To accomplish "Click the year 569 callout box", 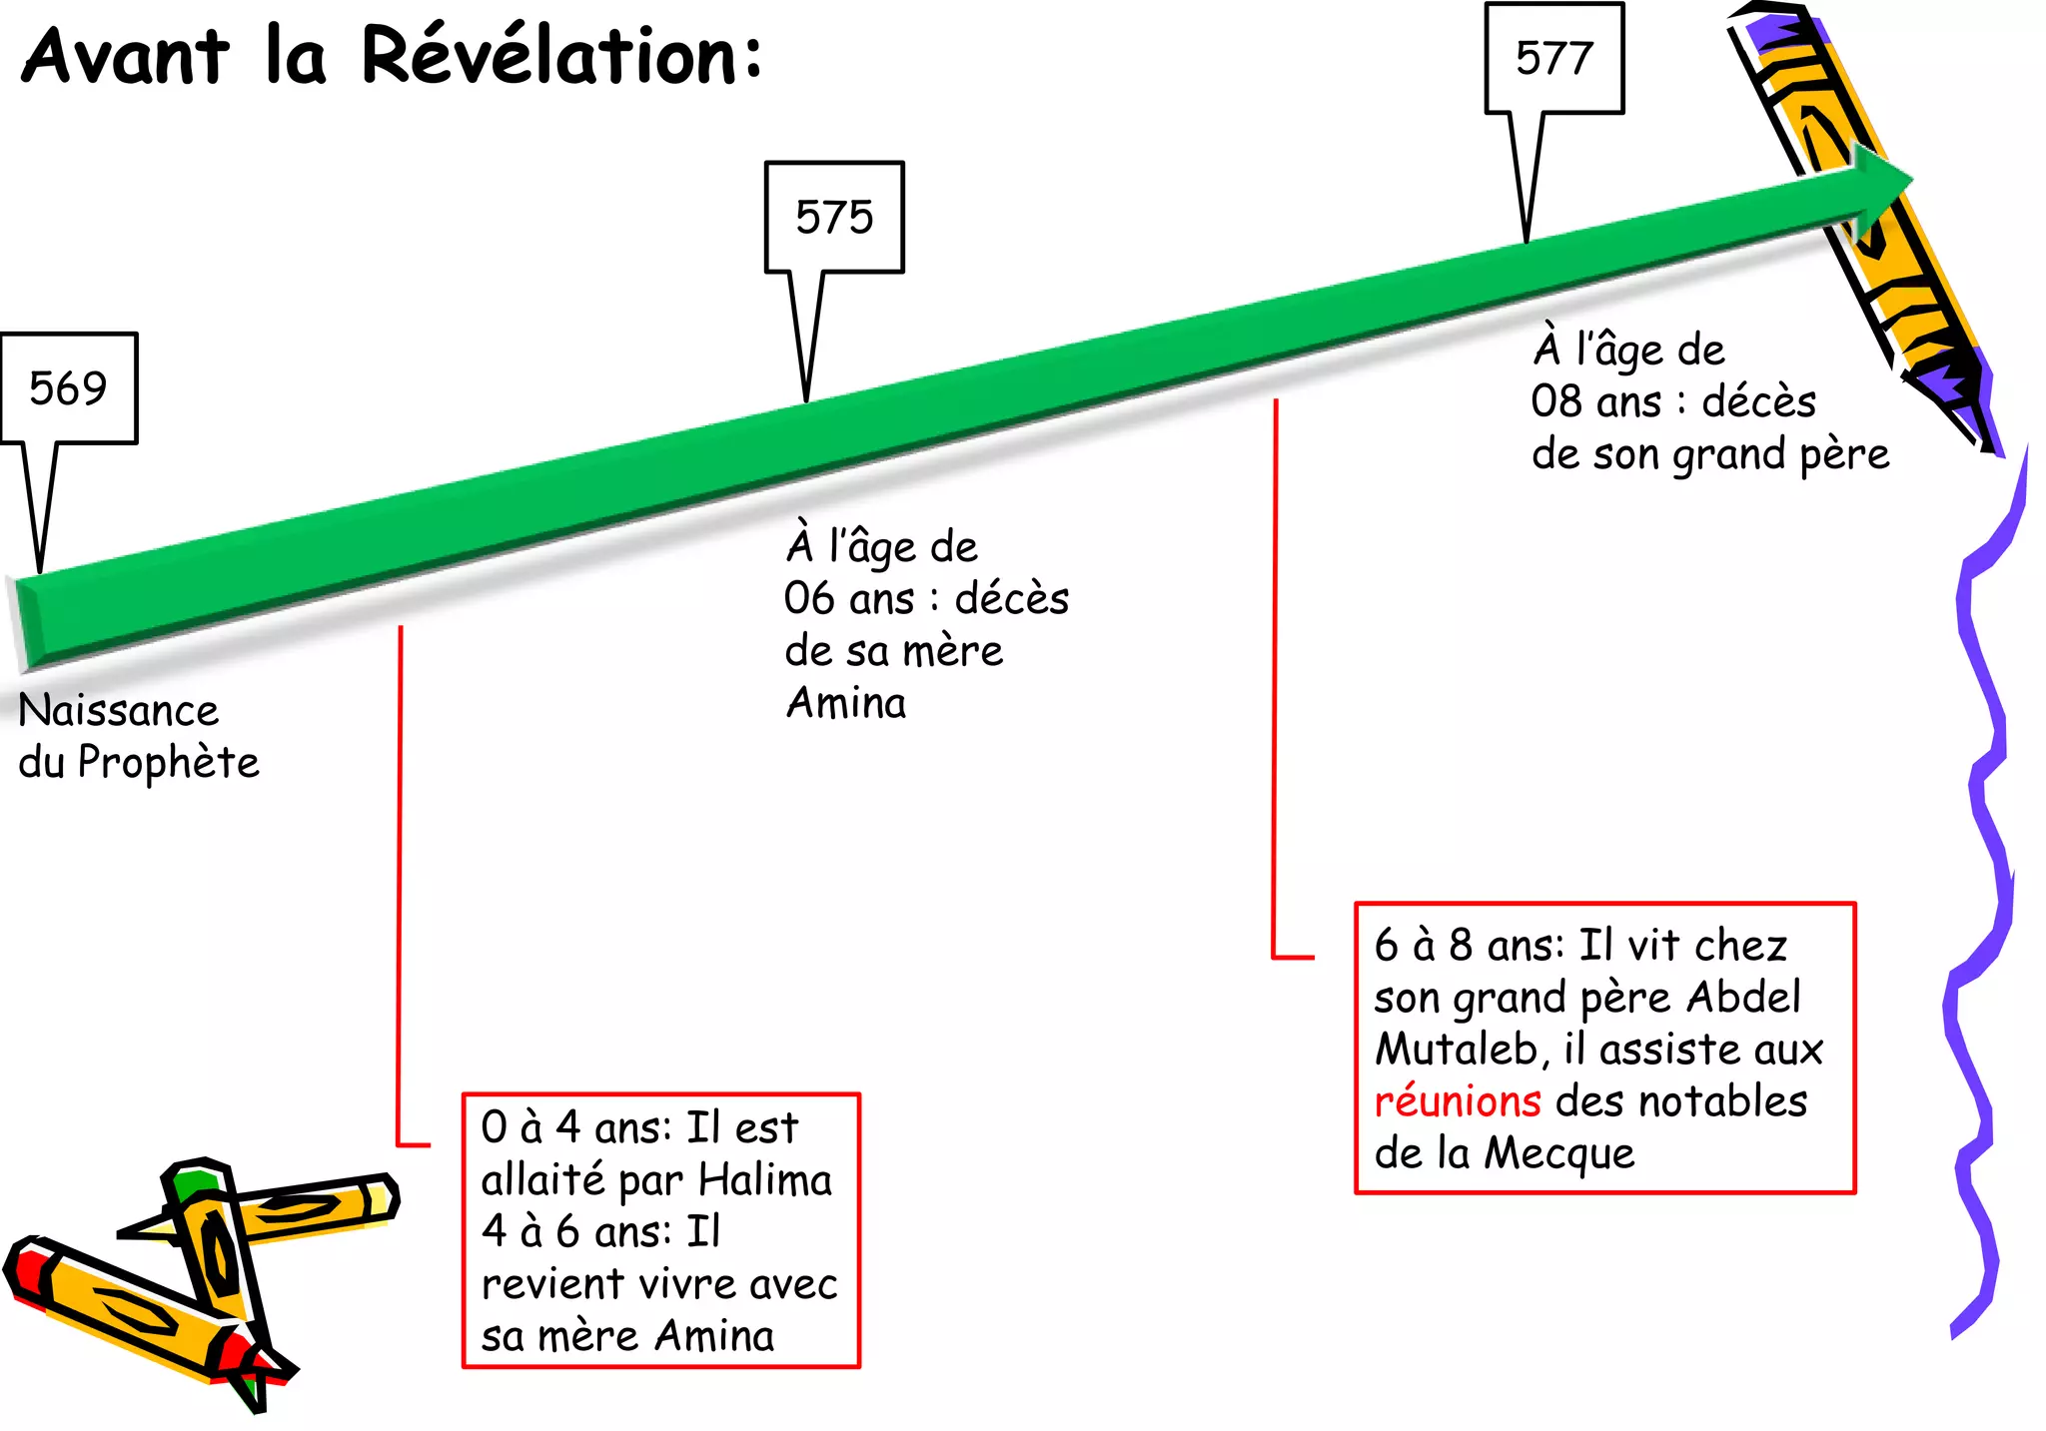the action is pos(68,387).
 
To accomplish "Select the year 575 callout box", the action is pos(834,217).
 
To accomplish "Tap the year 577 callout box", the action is pos(1553,58).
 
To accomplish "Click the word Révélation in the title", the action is pos(561,56).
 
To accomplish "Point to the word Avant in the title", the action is pos(126,56).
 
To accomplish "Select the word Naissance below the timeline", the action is pos(118,711).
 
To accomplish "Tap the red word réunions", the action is pos(1458,1101).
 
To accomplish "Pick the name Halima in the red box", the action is pos(764,1180).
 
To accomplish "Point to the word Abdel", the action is pos(1743,997).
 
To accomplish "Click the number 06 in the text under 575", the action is pos(809,599).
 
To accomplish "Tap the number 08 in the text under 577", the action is pos(1556,401).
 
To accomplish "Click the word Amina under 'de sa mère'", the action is pos(846,703).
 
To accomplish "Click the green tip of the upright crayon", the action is pos(190,1182).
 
